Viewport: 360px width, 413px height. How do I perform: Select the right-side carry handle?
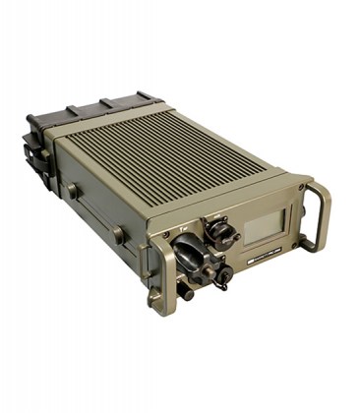coord(317,214)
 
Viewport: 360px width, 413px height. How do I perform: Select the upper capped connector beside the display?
coord(223,234)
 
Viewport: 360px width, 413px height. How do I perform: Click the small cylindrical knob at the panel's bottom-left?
coord(184,292)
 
